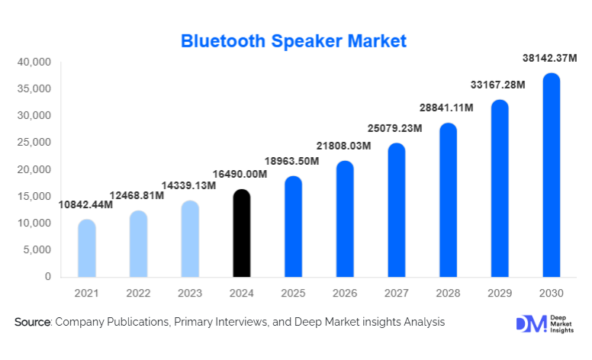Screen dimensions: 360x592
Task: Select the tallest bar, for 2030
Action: click(x=552, y=175)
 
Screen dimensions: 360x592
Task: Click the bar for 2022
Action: click(x=138, y=243)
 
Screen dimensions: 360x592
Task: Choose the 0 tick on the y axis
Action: click(x=47, y=276)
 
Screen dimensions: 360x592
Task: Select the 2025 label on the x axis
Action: click(x=293, y=294)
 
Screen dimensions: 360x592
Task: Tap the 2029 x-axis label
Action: click(x=500, y=294)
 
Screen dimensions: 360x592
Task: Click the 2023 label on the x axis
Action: click(x=190, y=294)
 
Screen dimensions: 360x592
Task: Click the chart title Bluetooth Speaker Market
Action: click(x=294, y=40)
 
